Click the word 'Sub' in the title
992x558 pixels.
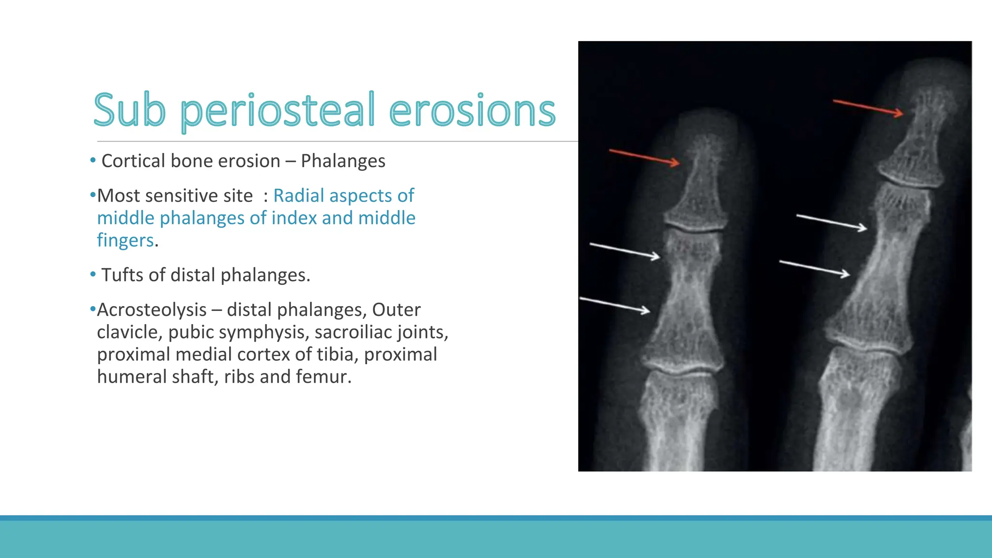(x=129, y=110)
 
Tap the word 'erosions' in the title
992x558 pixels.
(x=472, y=111)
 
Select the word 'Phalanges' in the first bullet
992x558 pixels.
(x=343, y=161)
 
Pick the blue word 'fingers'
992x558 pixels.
(x=125, y=240)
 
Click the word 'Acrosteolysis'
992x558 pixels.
(x=152, y=310)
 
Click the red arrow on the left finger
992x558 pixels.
(x=644, y=158)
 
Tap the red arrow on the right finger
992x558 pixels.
(x=868, y=108)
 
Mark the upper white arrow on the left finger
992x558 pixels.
(x=625, y=251)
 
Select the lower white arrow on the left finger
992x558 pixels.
(x=615, y=305)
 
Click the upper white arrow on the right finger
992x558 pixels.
(x=832, y=222)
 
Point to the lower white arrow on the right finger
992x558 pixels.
(x=814, y=268)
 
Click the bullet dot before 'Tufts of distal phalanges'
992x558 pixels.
(x=93, y=275)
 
